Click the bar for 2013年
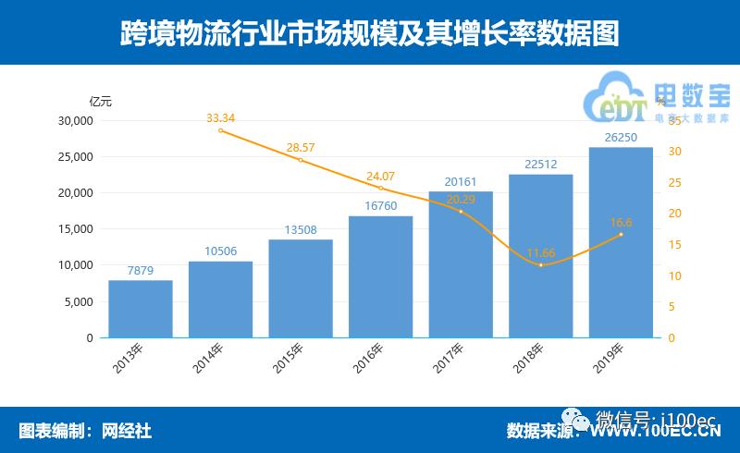pyautogui.click(x=141, y=309)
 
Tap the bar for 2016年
pyautogui.click(x=380, y=276)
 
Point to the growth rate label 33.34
pyautogui.click(x=220, y=117)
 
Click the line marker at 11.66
pyautogui.click(x=541, y=265)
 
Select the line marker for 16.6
pyautogui.click(x=621, y=234)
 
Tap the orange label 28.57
pyautogui.click(x=301, y=148)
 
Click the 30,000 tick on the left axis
pyautogui.click(x=77, y=120)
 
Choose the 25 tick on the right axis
pyautogui.click(x=675, y=182)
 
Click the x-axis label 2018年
pyautogui.click(x=530, y=359)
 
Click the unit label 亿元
pyautogui.click(x=100, y=101)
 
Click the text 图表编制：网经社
pyautogui.click(x=85, y=430)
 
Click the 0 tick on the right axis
pyautogui.click(x=672, y=338)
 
